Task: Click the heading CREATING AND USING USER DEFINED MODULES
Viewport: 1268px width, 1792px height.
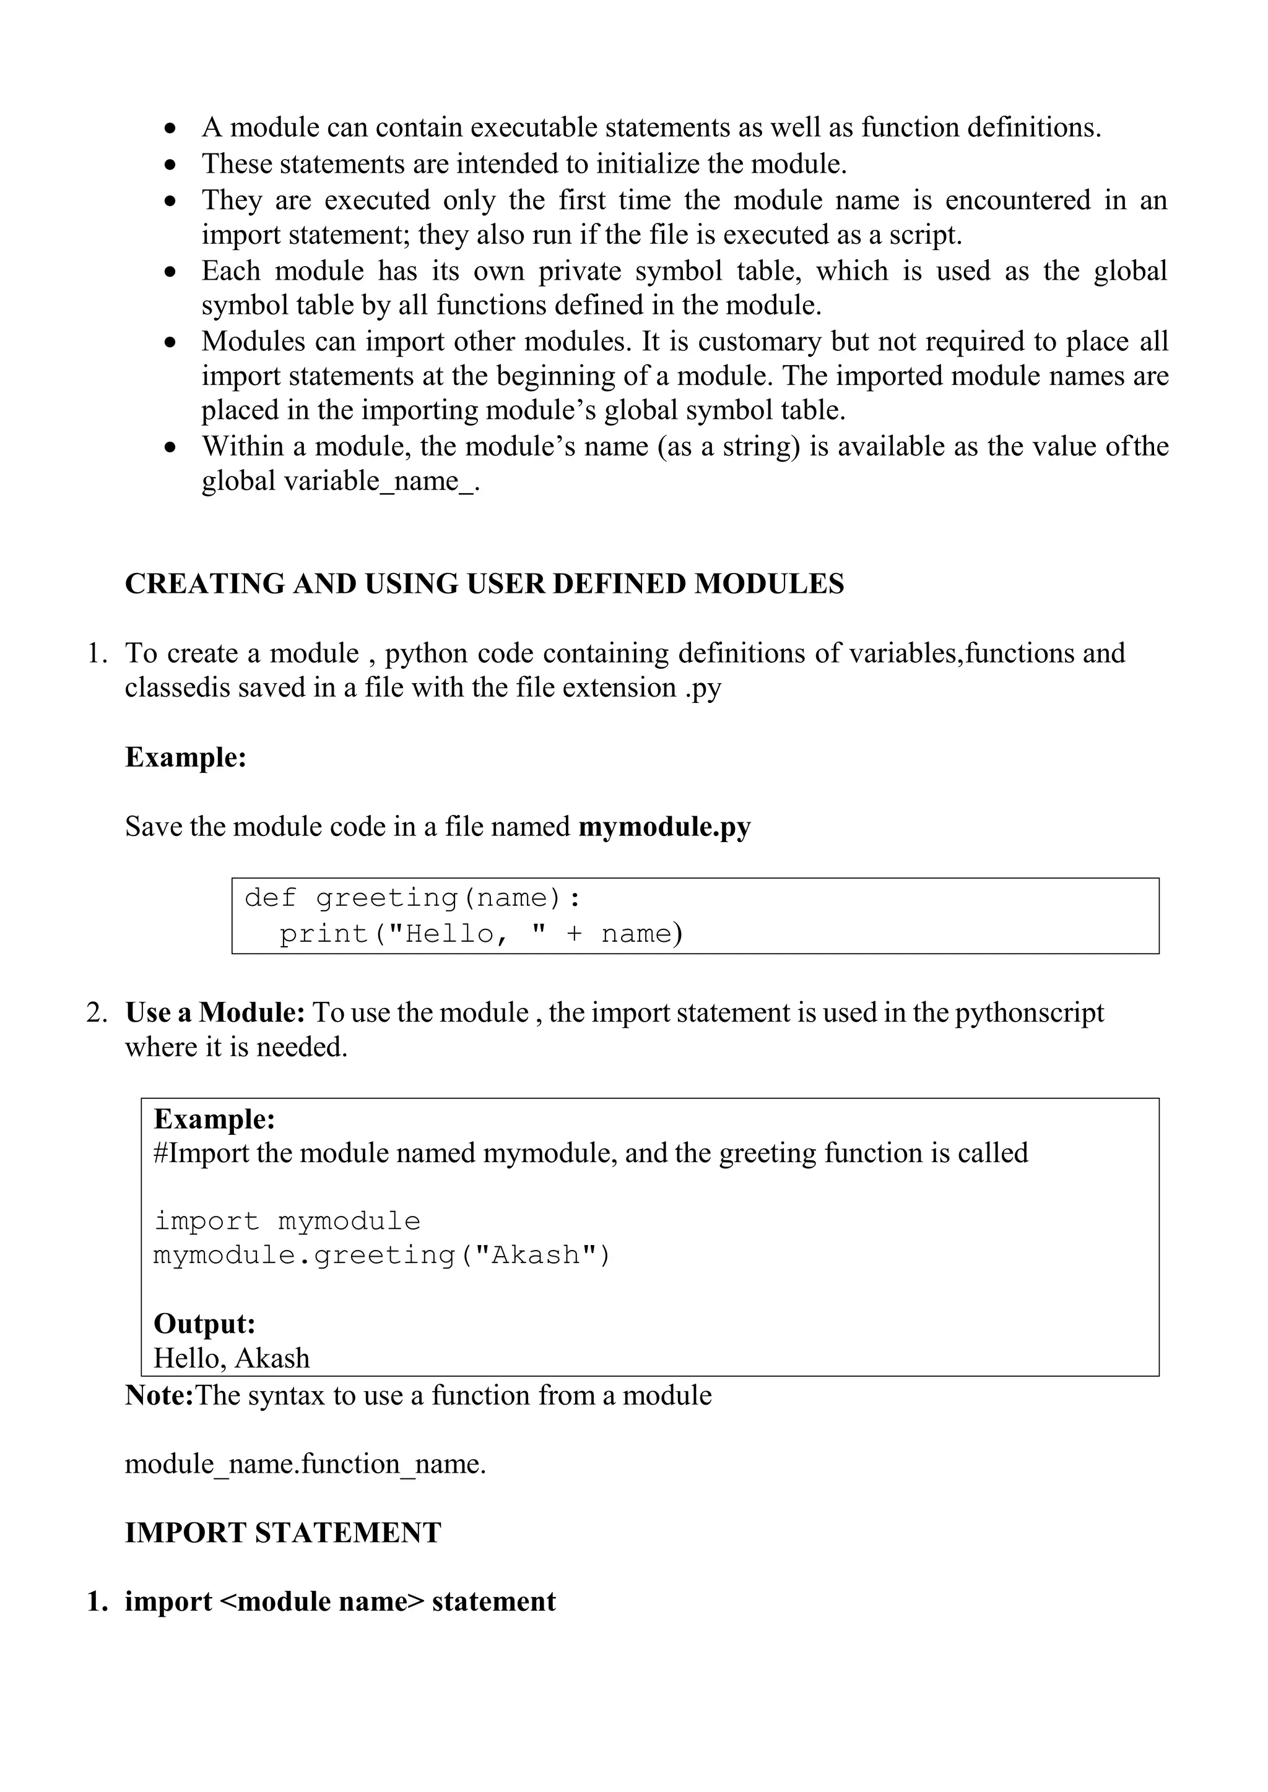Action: coord(484,584)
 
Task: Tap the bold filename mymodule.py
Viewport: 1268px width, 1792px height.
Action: coord(664,827)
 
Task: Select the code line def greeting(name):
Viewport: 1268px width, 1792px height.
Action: coord(412,898)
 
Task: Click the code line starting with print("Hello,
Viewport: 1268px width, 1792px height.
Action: coord(481,934)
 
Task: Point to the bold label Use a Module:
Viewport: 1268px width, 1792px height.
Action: coord(215,1012)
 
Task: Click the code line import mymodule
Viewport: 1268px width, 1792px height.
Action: coord(287,1221)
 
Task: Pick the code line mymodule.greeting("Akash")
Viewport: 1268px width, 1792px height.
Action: coord(382,1255)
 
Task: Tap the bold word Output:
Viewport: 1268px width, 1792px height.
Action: coord(204,1324)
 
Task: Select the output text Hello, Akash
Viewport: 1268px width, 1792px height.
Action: coord(232,1358)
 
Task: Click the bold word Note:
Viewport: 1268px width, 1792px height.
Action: coord(159,1395)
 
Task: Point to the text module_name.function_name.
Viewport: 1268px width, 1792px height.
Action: coord(305,1463)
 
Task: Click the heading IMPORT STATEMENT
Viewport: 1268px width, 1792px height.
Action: coord(283,1532)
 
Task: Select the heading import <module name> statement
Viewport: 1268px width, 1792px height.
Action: coord(340,1601)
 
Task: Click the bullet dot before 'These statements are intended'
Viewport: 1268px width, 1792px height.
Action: coord(171,165)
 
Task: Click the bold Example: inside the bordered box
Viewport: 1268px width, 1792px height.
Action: coord(214,1119)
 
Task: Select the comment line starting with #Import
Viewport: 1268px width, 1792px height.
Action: coord(590,1153)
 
